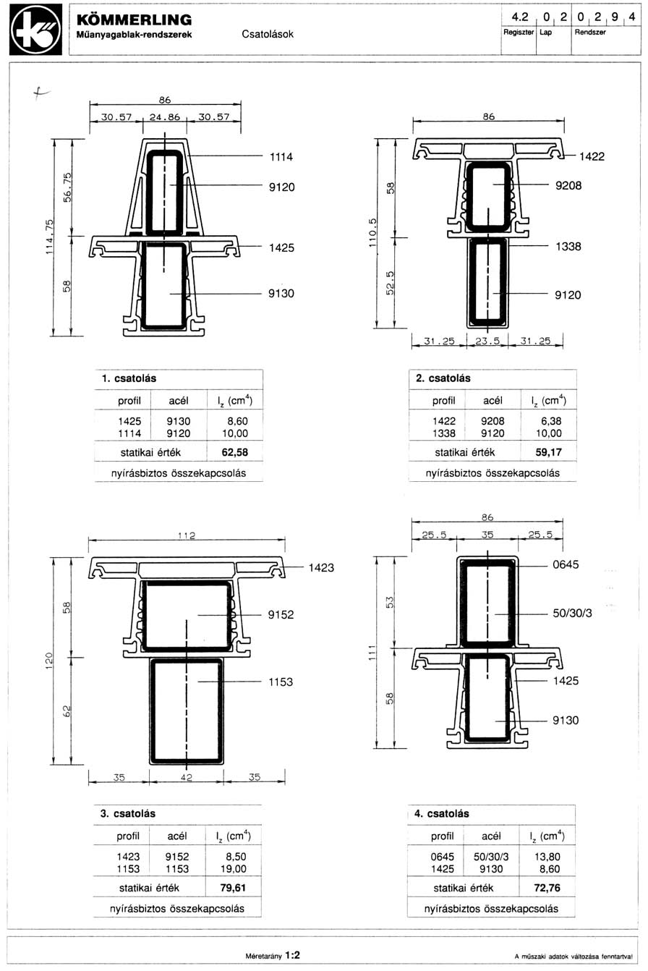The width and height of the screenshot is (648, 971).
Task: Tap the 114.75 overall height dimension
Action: (x=48, y=238)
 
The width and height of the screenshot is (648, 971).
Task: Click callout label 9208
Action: (x=568, y=185)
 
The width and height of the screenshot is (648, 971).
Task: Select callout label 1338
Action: (x=568, y=246)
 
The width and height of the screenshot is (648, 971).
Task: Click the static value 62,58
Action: (x=238, y=452)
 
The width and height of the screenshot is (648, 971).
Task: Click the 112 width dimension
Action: (x=187, y=536)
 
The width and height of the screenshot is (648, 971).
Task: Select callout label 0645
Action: (x=566, y=563)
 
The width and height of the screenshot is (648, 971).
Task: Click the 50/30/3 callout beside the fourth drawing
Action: (x=572, y=613)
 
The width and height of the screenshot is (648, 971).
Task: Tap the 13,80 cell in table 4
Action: (x=548, y=856)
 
